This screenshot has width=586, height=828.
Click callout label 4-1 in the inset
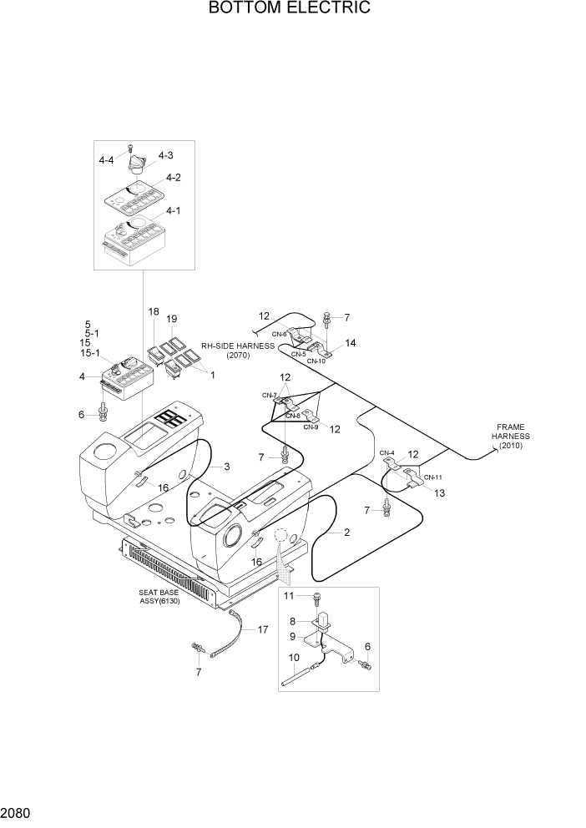coord(174,211)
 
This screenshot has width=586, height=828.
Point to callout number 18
coord(154,311)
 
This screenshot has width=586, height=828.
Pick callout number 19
coord(172,318)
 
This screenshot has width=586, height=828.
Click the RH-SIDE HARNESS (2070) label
coord(238,350)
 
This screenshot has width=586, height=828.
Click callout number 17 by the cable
coord(262,629)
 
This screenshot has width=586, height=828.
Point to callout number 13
coord(439,492)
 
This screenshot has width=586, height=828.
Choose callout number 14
coord(351,343)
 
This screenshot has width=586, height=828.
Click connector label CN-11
coord(432,477)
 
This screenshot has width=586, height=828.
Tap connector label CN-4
coord(386,452)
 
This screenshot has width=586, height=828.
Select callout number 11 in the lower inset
coord(290,595)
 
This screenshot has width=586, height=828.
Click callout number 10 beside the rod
coord(293,659)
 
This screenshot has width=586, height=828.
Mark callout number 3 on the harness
coord(225,467)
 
